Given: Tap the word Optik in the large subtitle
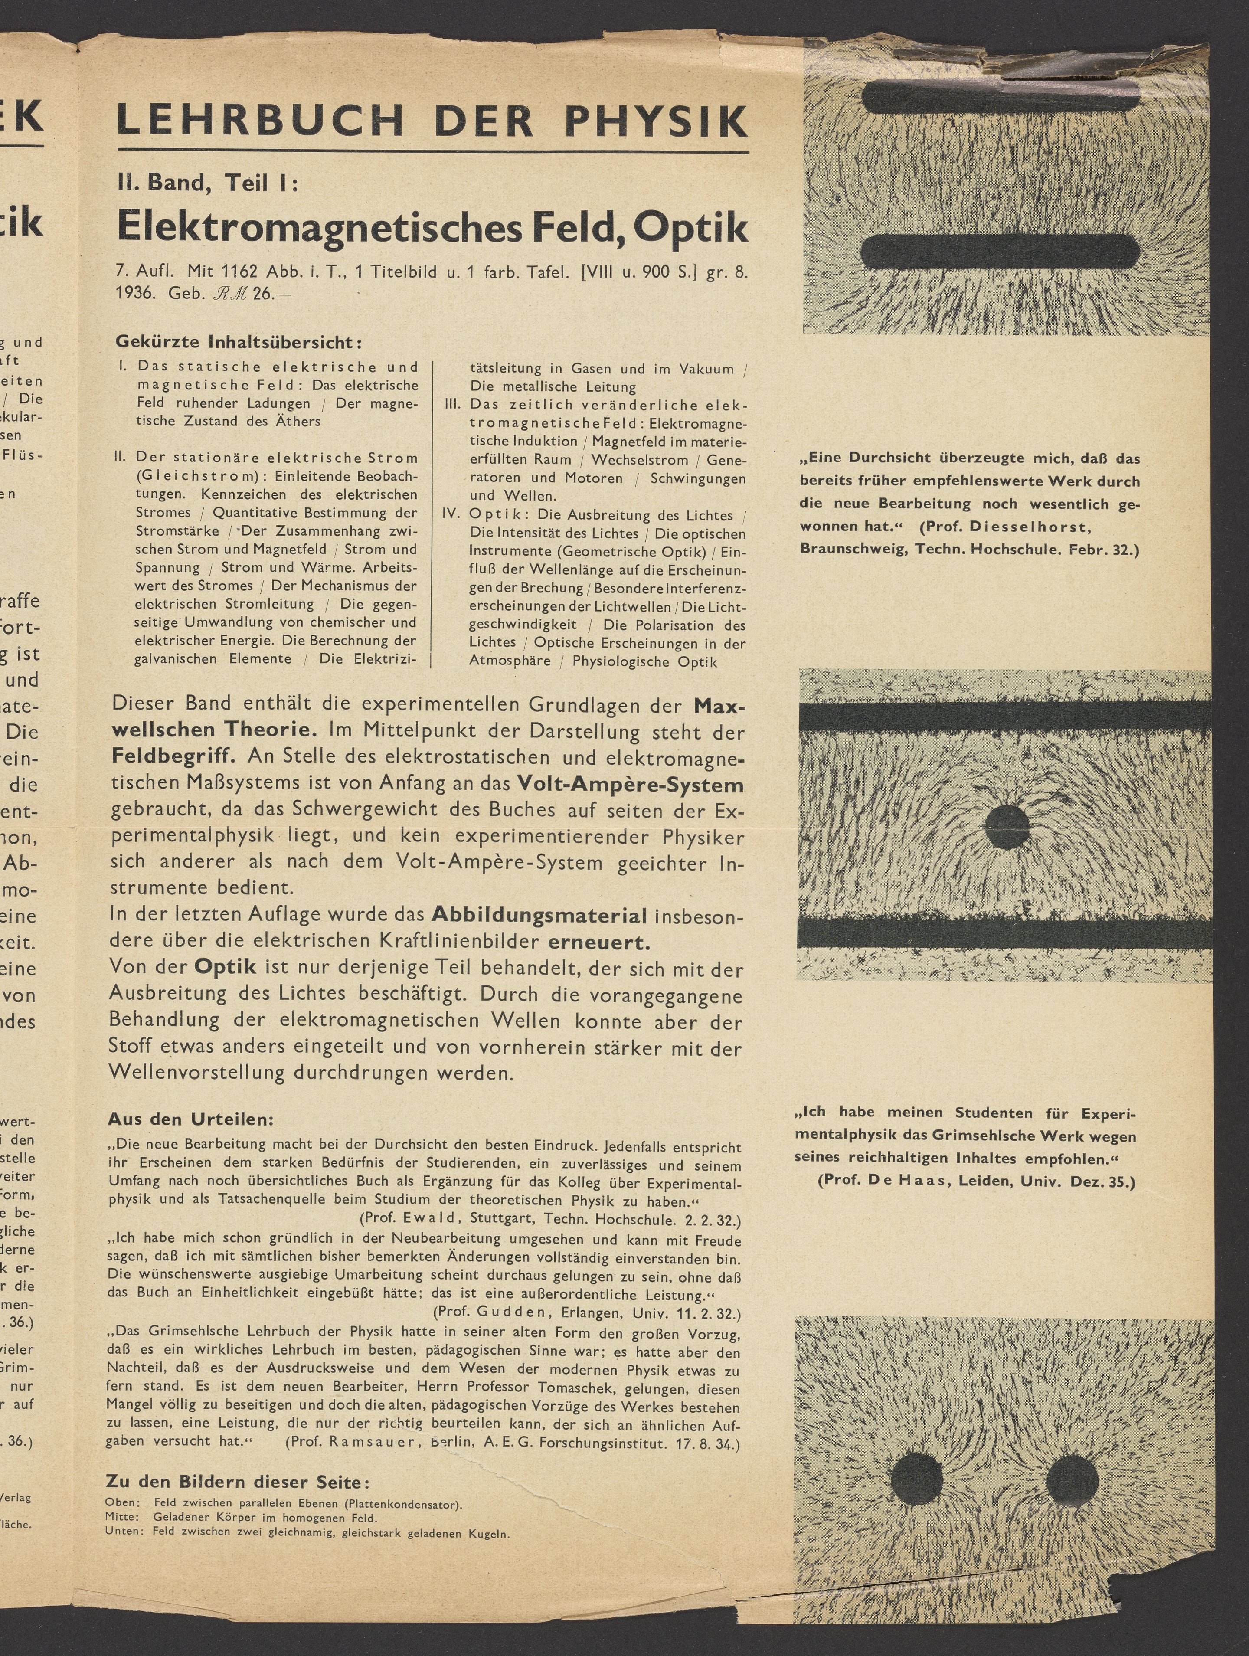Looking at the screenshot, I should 691,227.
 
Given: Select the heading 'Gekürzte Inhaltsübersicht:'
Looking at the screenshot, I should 239,342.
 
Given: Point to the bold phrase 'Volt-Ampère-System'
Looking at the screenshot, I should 630,785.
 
